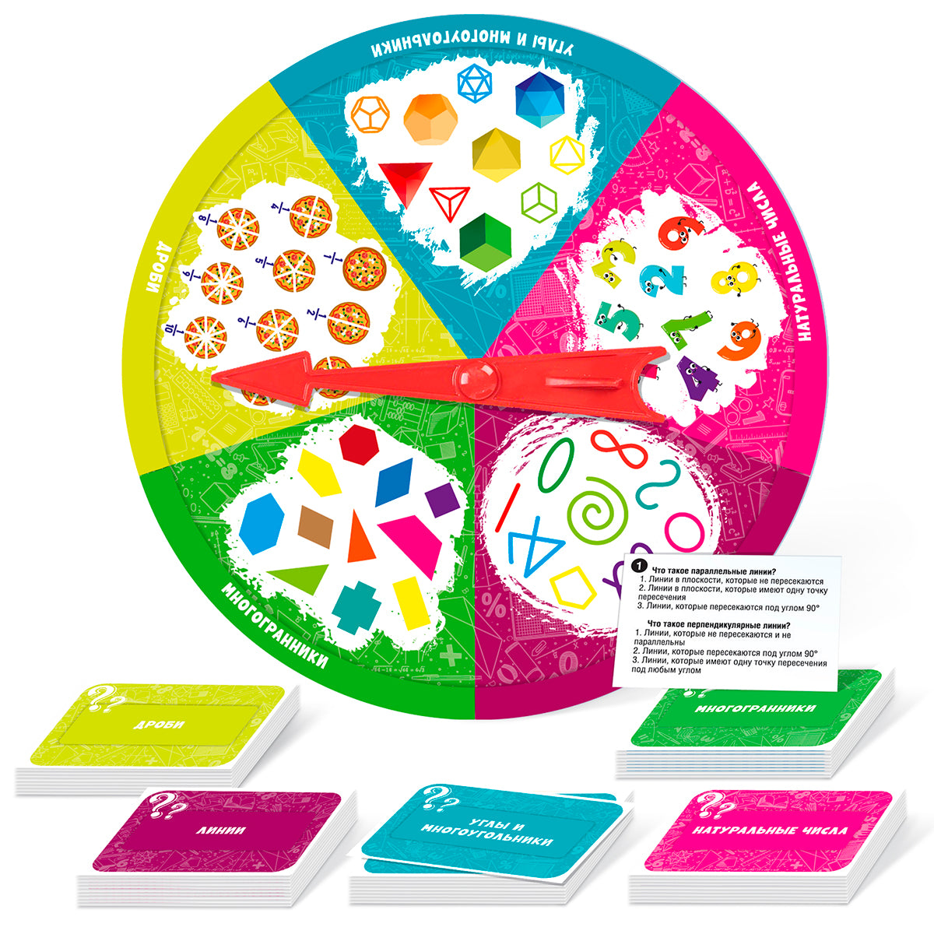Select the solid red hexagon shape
tap(359, 444)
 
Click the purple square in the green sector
tap(442, 499)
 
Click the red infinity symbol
tap(619, 448)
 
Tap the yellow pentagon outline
tap(573, 588)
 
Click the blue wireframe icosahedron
tap(475, 84)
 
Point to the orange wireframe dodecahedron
tap(370, 115)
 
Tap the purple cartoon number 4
tap(697, 378)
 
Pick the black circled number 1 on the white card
tap(640, 566)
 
